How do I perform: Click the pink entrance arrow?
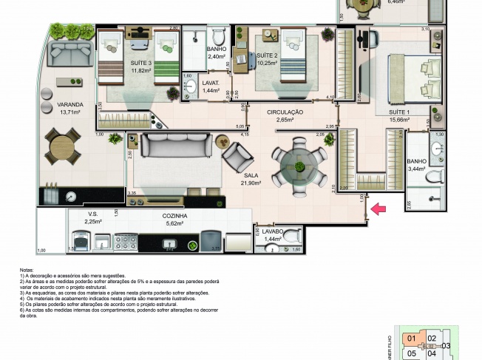(379, 210)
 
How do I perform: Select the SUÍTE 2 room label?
(266, 55)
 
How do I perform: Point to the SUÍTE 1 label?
(401, 112)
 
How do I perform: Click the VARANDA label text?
(70, 105)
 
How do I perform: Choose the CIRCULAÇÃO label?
(285, 111)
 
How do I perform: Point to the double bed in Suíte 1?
(406, 78)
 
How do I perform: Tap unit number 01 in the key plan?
(411, 339)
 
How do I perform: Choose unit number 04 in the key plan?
(432, 353)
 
